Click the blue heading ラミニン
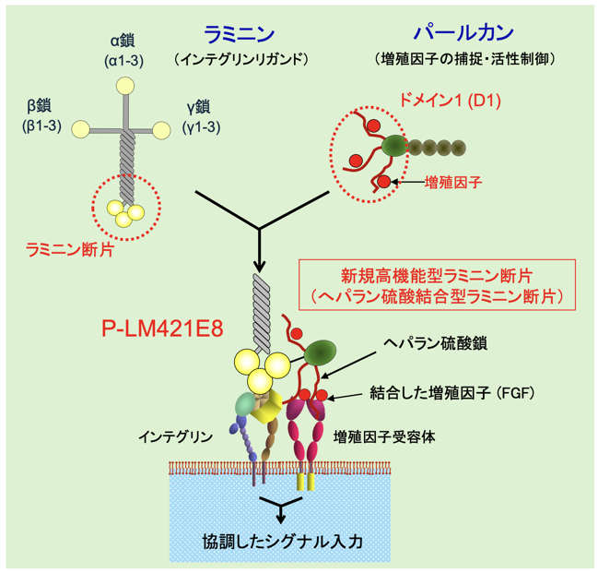(240, 34)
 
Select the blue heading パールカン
(464, 32)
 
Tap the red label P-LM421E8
(162, 328)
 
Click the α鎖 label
(123, 41)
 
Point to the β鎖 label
(40, 106)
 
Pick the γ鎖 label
(198, 107)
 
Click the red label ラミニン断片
(70, 250)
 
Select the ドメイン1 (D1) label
(450, 100)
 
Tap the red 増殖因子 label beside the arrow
(453, 183)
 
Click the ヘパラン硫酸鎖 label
(435, 343)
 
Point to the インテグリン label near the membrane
(175, 436)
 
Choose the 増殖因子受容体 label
(384, 436)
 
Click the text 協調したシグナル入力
(283, 542)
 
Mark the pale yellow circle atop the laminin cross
(125, 86)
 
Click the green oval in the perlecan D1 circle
(394, 146)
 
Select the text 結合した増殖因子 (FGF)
(452, 393)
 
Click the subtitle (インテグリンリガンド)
(240, 60)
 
